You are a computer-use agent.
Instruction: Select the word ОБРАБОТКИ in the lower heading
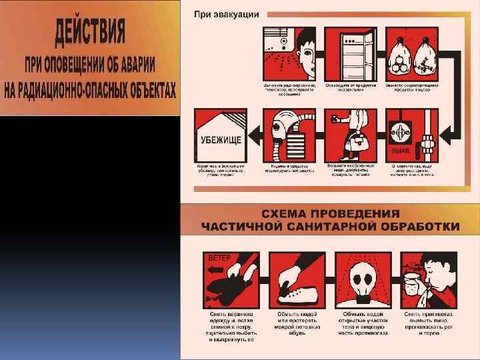point(419,226)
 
